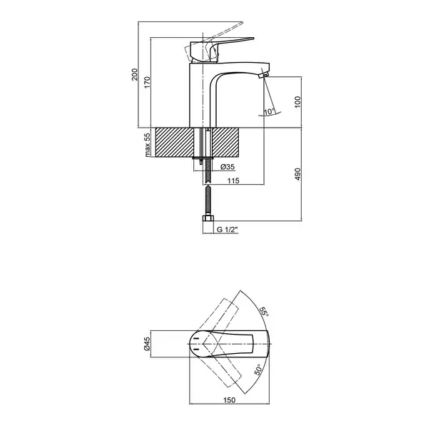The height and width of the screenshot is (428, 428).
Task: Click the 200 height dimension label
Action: click(x=135, y=74)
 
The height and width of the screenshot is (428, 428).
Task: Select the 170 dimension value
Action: click(x=147, y=83)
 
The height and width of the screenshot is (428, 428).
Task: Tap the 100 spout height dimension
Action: click(x=297, y=102)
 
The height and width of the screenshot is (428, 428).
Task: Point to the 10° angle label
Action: click(x=269, y=111)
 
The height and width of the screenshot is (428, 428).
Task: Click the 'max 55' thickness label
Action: click(x=147, y=145)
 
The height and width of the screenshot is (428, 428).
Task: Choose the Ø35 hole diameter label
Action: click(x=228, y=167)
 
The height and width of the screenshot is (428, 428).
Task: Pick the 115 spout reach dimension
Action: click(x=233, y=180)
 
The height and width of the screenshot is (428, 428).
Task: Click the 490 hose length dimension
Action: click(x=297, y=174)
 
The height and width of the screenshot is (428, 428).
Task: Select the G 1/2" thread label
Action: click(x=228, y=230)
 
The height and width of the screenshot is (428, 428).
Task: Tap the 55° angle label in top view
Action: click(x=264, y=312)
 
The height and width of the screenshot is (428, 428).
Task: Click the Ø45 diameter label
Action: click(x=147, y=344)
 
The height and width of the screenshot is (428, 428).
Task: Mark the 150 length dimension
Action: click(x=229, y=400)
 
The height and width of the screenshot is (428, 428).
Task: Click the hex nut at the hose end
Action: click(x=208, y=219)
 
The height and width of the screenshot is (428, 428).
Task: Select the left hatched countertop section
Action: click(x=172, y=142)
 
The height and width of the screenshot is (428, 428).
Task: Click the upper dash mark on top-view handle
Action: click(x=196, y=338)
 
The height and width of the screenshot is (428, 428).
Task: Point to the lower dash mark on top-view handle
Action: click(x=196, y=349)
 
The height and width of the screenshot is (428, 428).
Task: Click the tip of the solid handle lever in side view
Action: click(x=253, y=39)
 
